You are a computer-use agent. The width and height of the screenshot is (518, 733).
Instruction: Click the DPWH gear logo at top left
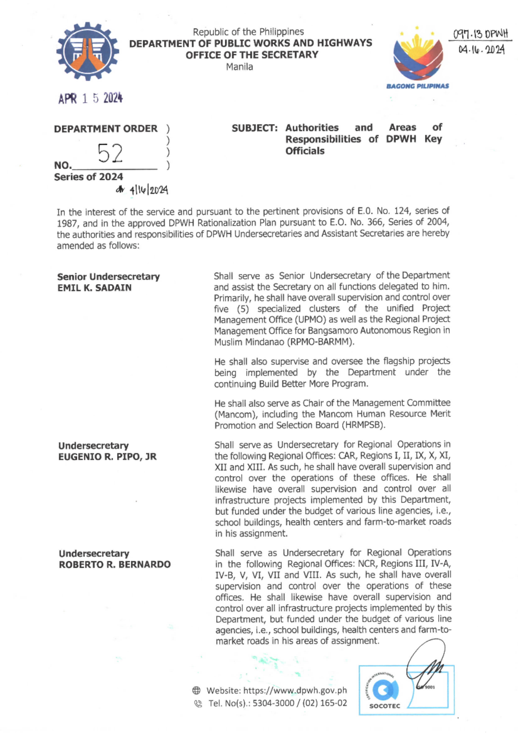[88, 51]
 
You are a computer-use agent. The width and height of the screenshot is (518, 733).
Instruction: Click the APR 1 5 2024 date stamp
[91, 98]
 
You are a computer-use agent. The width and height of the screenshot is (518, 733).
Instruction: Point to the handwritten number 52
[110, 153]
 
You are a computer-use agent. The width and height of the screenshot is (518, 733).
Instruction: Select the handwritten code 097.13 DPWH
[480, 34]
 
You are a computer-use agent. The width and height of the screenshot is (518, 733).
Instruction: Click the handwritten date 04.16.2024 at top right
[481, 50]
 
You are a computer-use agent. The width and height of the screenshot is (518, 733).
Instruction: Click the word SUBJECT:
[254, 128]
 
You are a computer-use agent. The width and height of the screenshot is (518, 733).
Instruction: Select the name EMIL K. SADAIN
[95, 288]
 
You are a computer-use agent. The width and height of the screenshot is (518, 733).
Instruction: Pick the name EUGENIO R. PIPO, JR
[107, 457]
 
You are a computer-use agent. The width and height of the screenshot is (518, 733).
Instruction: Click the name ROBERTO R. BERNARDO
[115, 565]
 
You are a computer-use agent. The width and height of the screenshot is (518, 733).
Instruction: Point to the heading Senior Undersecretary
[108, 276]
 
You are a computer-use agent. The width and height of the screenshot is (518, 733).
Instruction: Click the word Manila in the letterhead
[240, 67]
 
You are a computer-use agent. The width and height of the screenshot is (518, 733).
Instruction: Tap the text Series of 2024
[88, 177]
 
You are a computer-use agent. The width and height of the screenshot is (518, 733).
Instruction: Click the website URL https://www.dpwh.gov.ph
[295, 690]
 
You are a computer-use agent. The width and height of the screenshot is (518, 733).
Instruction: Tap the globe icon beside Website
[196, 690]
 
